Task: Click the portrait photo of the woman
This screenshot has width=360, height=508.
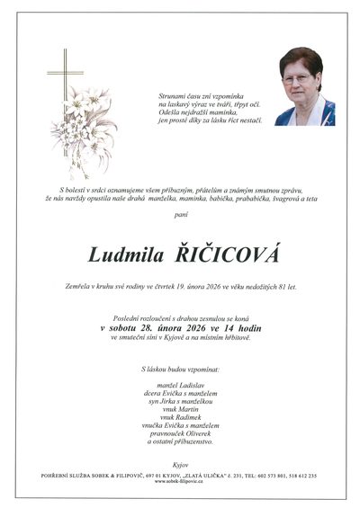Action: click(x=304, y=86)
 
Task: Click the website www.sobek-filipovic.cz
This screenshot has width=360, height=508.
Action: click(x=180, y=481)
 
